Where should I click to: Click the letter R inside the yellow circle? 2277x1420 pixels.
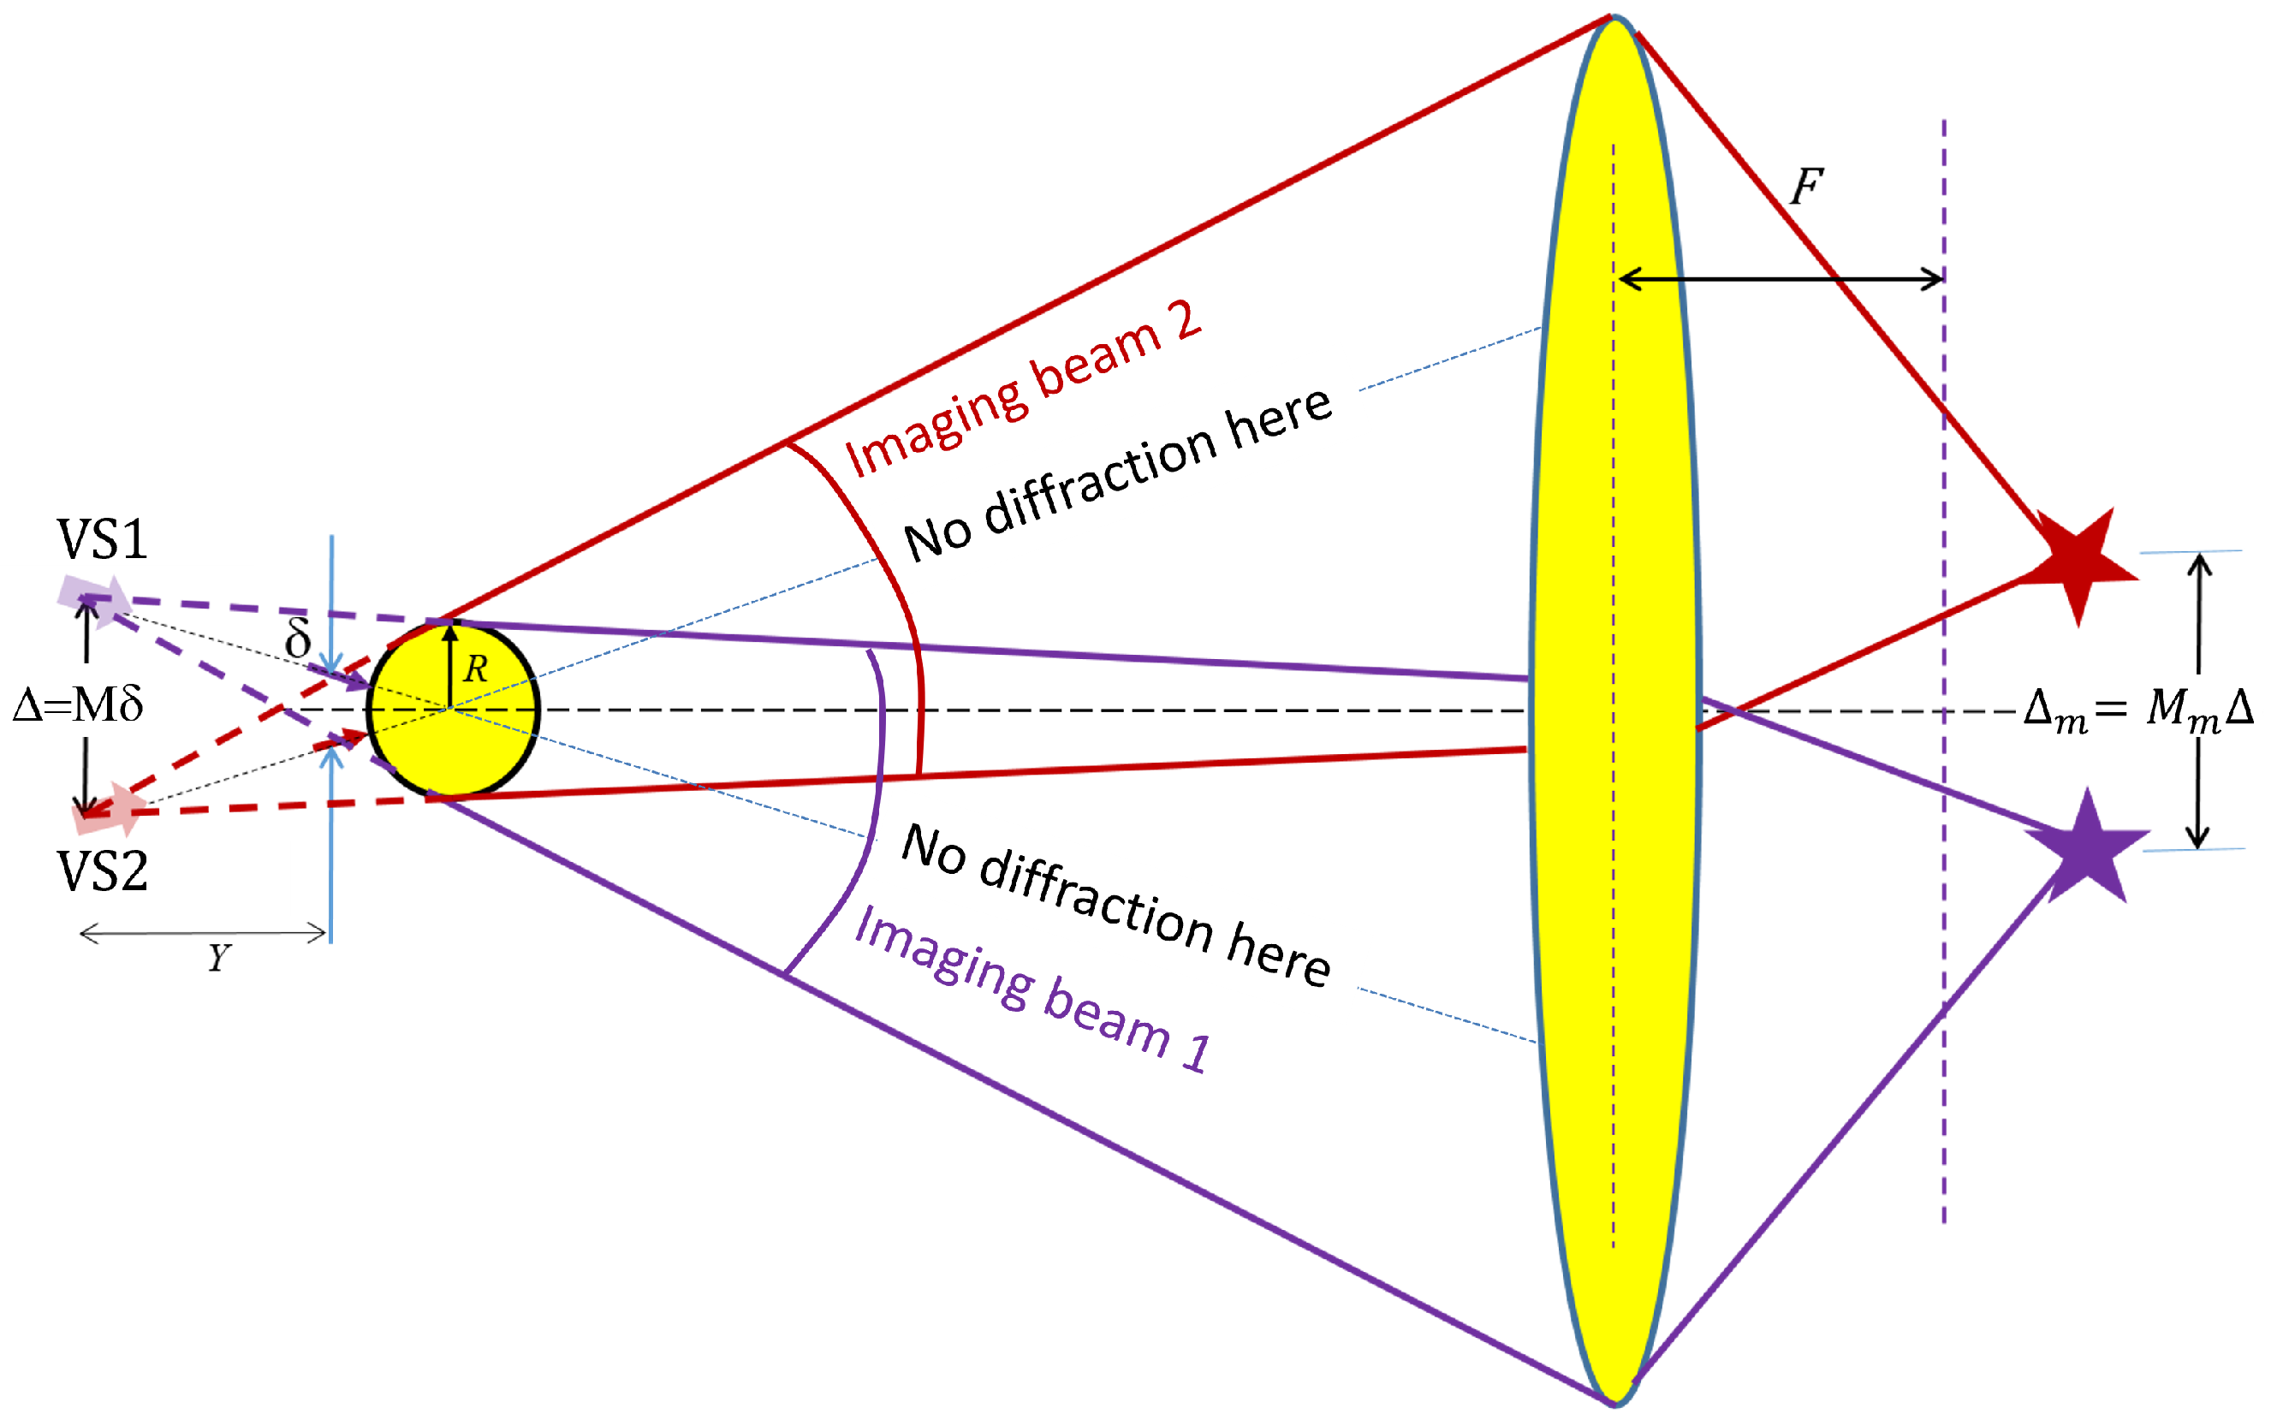(x=476, y=669)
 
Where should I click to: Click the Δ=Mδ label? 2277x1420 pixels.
(x=78, y=704)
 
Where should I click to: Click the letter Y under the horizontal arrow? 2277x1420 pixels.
(x=219, y=958)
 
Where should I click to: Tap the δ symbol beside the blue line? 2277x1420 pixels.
(x=298, y=638)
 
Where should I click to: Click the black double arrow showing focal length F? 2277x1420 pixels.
(x=1781, y=279)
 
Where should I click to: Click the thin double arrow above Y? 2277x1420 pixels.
(x=204, y=934)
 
